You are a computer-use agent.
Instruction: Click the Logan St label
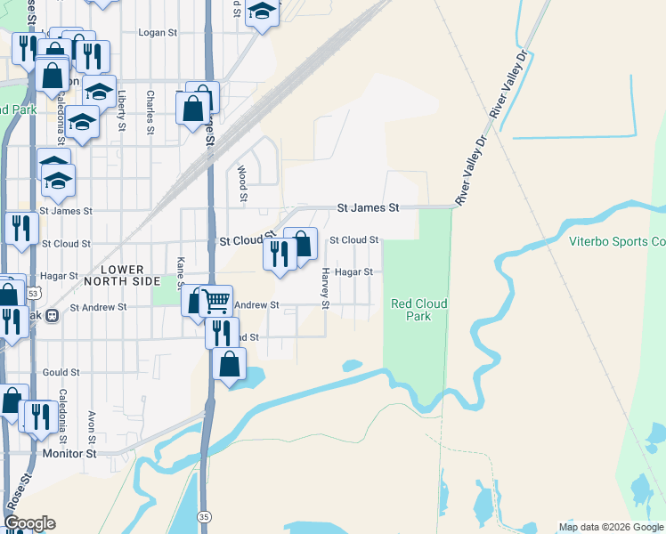158,32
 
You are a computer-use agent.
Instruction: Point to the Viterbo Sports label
617,241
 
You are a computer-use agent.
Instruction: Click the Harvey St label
326,288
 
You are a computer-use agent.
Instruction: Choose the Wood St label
241,182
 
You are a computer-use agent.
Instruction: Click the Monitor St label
69,453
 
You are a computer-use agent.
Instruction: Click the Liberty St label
121,110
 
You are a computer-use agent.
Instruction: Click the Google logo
29,523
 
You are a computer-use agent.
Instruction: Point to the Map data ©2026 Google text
610,527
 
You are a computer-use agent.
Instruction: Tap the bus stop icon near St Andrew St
53,315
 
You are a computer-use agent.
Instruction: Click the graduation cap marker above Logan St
262,11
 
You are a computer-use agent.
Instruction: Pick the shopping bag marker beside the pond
230,363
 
